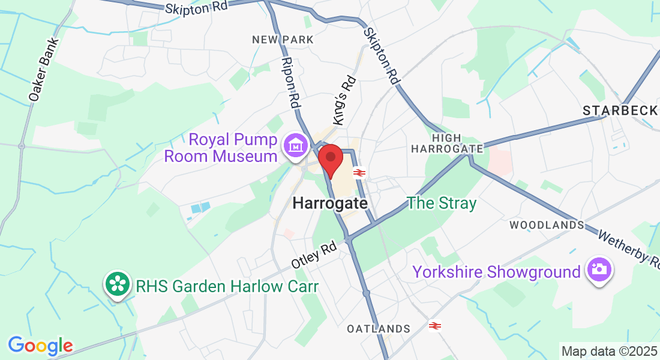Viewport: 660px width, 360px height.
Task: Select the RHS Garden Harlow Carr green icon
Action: tap(117, 284)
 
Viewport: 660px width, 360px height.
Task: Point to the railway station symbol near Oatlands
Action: tap(436, 326)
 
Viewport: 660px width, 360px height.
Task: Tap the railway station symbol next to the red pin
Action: tap(359, 173)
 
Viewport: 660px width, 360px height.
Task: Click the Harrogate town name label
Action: tap(330, 203)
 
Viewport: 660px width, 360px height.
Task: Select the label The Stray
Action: tap(442, 203)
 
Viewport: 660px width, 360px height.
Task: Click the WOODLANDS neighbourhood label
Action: tap(547, 225)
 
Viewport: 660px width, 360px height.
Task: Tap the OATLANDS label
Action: tap(379, 329)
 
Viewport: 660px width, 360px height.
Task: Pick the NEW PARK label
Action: tap(283, 40)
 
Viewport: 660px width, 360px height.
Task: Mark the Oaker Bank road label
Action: tap(44, 69)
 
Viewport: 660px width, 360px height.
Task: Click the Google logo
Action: tap(40, 346)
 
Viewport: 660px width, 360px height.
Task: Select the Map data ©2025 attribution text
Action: tap(608, 351)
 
